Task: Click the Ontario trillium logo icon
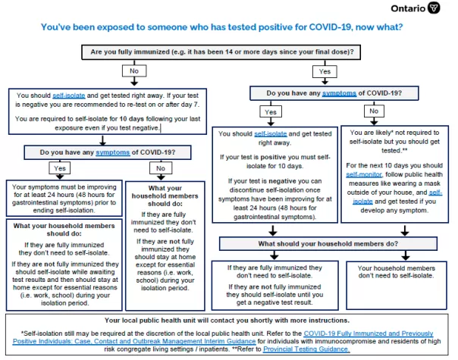[x=434, y=8]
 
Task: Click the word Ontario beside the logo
[x=408, y=8]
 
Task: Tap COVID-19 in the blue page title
[x=330, y=27]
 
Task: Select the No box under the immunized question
[x=134, y=71]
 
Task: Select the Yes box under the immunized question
[x=325, y=71]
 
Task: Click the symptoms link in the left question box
[x=112, y=152]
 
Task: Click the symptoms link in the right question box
[x=339, y=93]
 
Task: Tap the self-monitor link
[x=364, y=174]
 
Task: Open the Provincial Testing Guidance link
[x=306, y=349]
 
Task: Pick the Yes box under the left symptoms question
[x=60, y=168]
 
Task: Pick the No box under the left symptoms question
[x=161, y=168]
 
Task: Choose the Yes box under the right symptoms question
[x=271, y=112]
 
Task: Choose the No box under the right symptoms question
[x=374, y=111]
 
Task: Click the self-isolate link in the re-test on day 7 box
[x=69, y=95]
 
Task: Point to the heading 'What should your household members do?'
[x=328, y=244]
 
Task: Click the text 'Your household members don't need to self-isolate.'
[x=396, y=272]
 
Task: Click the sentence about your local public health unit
[x=227, y=321]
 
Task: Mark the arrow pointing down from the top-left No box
[x=134, y=81]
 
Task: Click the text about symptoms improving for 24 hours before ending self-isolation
[x=64, y=199]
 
